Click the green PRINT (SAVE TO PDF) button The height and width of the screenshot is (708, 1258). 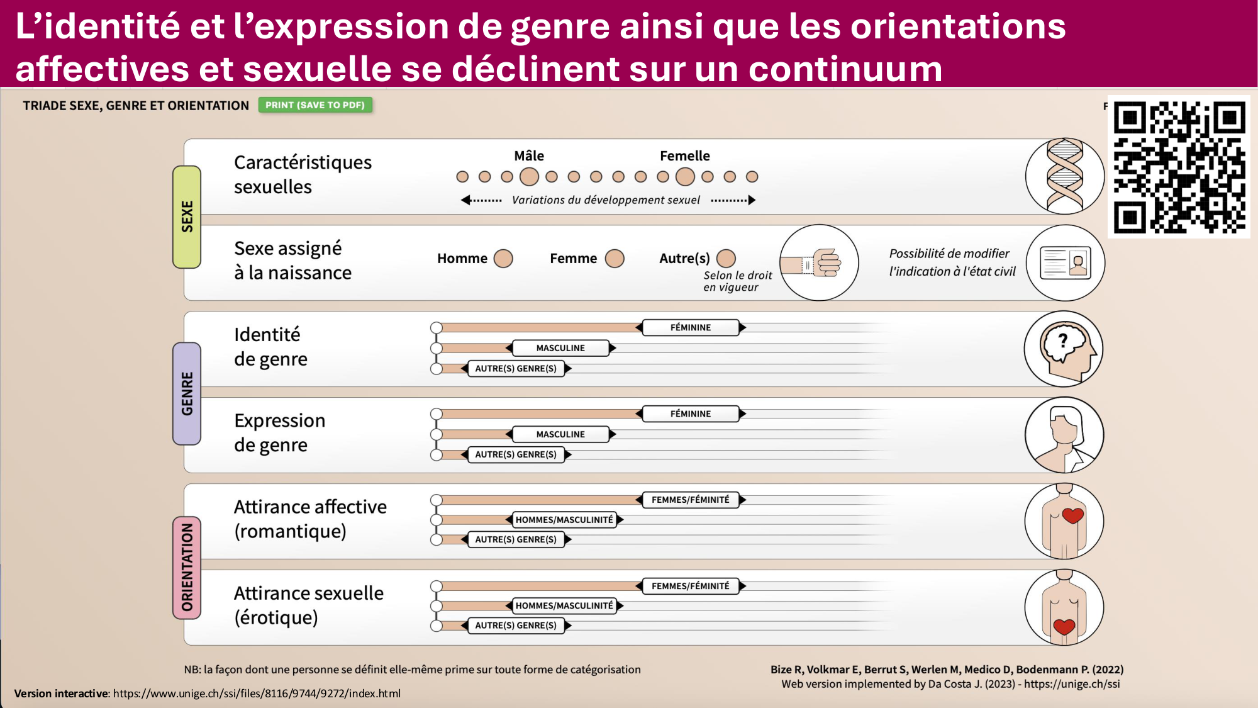(315, 105)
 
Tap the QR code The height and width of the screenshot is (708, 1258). (1179, 167)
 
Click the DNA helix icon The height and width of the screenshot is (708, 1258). (1064, 176)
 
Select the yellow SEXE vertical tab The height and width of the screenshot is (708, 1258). (187, 216)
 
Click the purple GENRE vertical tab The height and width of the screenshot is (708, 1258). (187, 393)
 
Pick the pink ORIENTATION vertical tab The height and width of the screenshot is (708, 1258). (187, 567)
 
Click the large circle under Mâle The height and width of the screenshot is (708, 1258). (529, 177)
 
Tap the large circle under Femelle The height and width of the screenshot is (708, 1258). (685, 177)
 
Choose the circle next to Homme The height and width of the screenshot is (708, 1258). (503, 259)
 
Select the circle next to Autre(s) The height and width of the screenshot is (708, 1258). (726, 259)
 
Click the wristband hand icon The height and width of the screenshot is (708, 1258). (819, 263)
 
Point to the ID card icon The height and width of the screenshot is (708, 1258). (1065, 263)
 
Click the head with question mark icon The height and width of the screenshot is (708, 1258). (1064, 349)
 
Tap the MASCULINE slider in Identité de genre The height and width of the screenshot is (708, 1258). (560, 348)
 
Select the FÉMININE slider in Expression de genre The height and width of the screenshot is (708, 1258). (690, 414)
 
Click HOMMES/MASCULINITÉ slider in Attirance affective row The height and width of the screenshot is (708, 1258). (564, 520)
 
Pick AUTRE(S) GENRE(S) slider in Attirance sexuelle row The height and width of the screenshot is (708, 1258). (516, 626)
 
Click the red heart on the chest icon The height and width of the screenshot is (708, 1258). (1072, 516)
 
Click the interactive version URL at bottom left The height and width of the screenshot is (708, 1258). (257, 694)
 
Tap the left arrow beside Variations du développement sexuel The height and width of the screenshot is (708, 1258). (467, 200)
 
